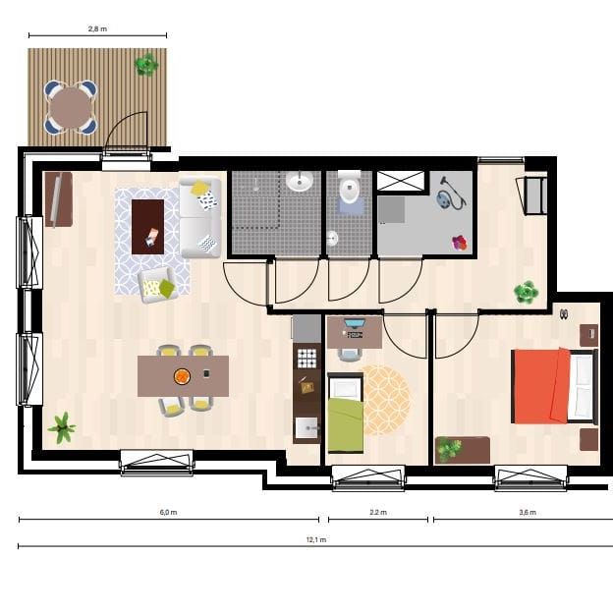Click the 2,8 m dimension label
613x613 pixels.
coord(96,29)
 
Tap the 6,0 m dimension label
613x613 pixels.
coord(168,512)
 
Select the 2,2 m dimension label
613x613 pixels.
coord(378,512)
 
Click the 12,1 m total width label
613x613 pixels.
coord(316,539)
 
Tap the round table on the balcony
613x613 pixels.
coord(70,107)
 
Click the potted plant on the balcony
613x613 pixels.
coord(145,66)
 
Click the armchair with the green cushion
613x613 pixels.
coord(157,285)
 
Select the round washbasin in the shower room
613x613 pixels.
coord(300,182)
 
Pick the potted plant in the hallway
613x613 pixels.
coord(527,292)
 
